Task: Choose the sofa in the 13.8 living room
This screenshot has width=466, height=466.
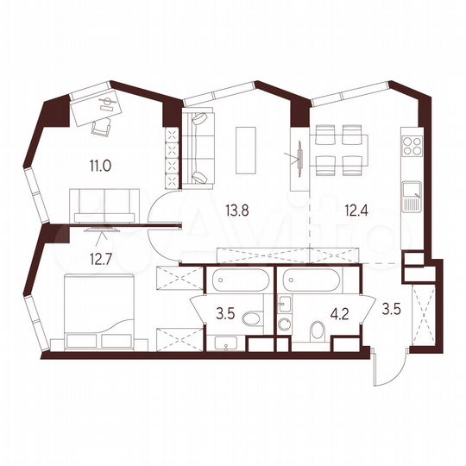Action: (x=197, y=148)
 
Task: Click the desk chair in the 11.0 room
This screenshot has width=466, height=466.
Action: (x=102, y=126)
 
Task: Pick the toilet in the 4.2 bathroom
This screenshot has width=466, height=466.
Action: (x=315, y=328)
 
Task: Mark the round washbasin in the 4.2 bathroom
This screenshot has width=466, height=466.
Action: (x=283, y=324)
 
